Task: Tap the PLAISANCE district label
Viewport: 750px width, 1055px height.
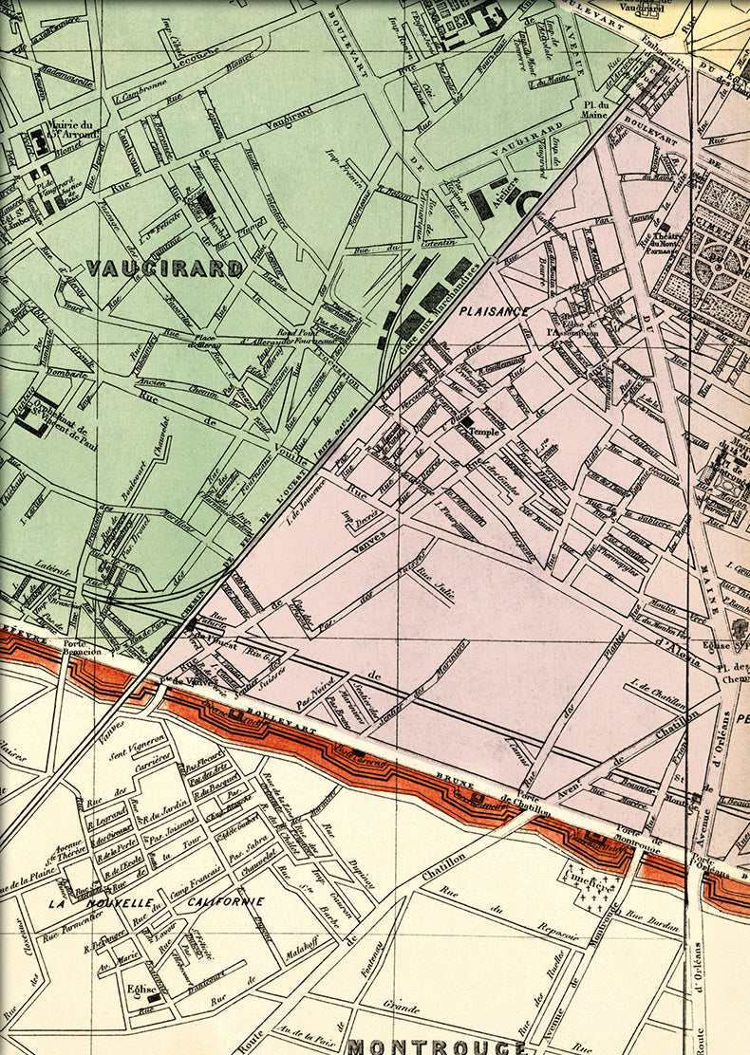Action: [493, 310]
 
